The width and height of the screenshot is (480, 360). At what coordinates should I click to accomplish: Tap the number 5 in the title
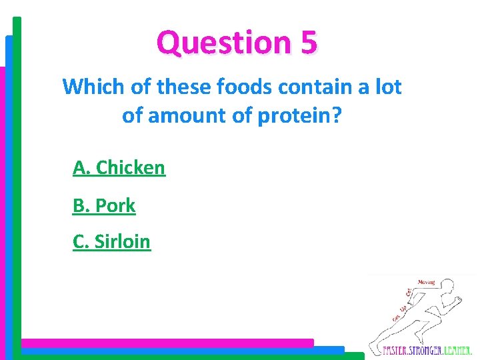309,42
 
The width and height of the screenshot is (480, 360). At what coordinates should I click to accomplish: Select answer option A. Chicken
119,168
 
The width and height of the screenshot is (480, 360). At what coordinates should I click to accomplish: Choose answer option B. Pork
104,206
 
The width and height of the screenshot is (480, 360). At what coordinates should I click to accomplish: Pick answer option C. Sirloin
111,241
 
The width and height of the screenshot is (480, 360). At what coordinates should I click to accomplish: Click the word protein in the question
291,115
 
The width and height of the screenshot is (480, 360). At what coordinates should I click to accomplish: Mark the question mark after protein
337,115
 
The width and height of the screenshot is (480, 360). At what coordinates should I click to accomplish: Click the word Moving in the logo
427,283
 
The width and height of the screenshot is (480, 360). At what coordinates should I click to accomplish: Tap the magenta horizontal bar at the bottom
167,343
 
